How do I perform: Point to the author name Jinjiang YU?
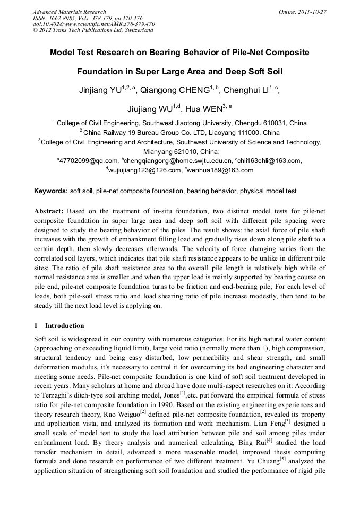100,91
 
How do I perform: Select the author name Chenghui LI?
246,91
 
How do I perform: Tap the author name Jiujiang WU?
150,110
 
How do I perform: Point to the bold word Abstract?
49,211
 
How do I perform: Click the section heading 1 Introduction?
59,325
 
